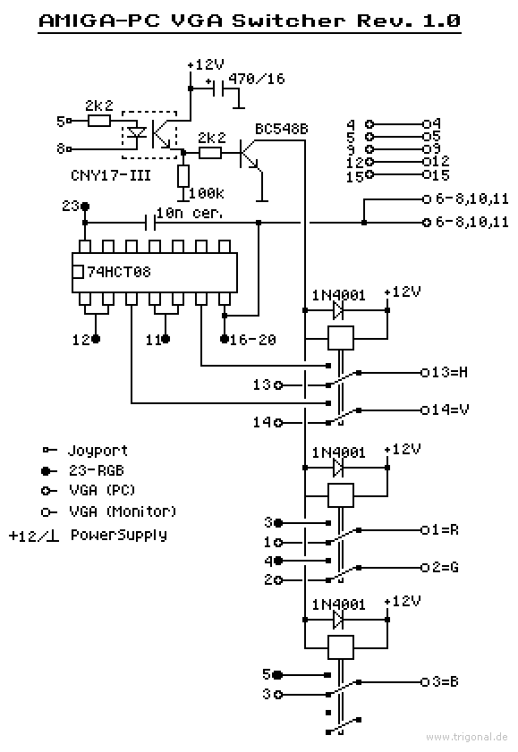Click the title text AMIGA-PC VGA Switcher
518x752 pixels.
coord(192,21)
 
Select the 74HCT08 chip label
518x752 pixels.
coord(119,272)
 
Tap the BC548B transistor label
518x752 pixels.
coord(282,129)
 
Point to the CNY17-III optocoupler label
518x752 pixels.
coord(111,175)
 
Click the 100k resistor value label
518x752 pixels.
coord(207,193)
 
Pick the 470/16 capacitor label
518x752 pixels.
coord(257,78)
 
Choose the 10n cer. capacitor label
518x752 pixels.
coord(190,213)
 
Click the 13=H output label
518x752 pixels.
coord(450,372)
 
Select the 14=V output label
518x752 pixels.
coord(450,410)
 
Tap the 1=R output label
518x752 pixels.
coord(446,530)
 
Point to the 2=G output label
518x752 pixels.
coord(446,568)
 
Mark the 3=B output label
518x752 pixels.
coord(446,681)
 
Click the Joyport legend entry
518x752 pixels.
coord(98,451)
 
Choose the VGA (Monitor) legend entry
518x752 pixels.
coord(123,511)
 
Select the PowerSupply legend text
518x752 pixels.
coord(119,535)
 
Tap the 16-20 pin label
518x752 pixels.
coord(253,340)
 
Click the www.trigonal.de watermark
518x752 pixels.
coord(467,737)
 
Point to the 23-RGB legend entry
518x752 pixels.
coord(97,470)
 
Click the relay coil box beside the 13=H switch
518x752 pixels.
coord(341,338)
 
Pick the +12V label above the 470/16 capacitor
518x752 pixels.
coord(206,64)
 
